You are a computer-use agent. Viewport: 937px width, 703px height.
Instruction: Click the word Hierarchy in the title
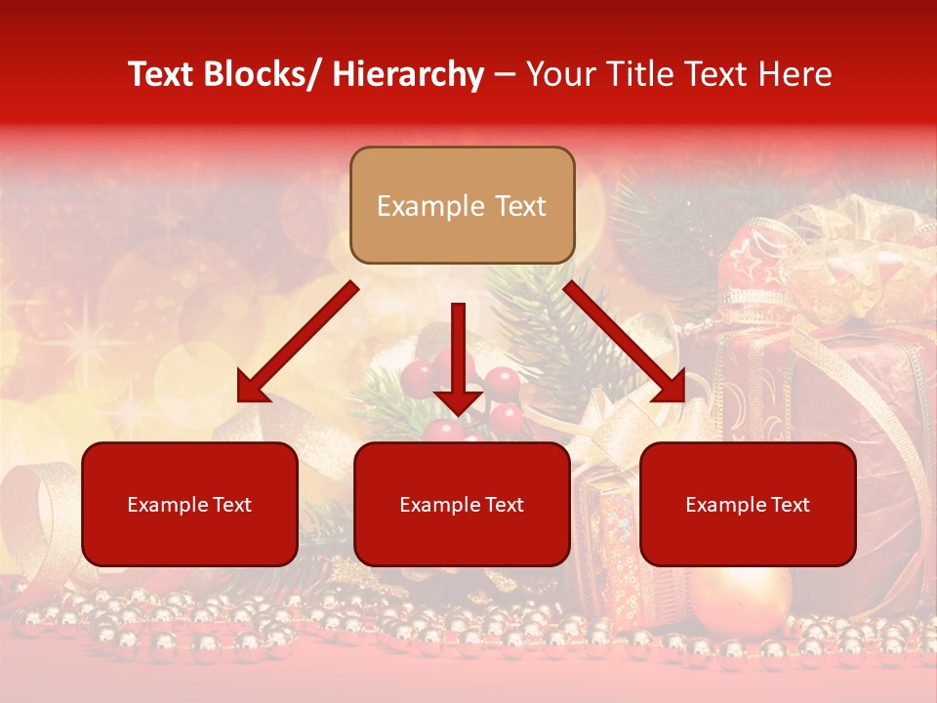coord(408,74)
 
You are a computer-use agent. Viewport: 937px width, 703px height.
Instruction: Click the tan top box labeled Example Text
coord(462,205)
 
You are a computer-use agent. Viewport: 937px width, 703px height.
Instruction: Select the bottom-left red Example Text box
coord(189,504)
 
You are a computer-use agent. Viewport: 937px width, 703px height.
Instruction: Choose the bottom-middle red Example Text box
coord(462,504)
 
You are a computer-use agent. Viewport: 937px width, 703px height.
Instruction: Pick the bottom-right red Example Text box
coord(748,504)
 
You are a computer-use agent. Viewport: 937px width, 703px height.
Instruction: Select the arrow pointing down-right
coord(625,342)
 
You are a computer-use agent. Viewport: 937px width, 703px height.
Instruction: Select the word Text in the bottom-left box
coord(230,505)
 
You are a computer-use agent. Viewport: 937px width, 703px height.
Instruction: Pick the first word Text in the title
coord(161,74)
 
